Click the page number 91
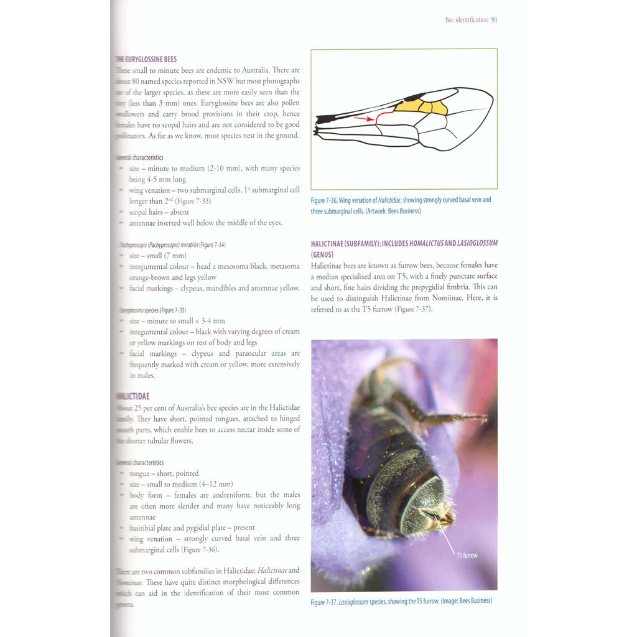[494, 20]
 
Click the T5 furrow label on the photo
[467, 555]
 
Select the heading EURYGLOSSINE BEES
[149, 60]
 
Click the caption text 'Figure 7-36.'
[325, 200]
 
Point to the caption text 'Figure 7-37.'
[325, 602]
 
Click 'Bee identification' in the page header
[467, 20]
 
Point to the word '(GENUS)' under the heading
[323, 254]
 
